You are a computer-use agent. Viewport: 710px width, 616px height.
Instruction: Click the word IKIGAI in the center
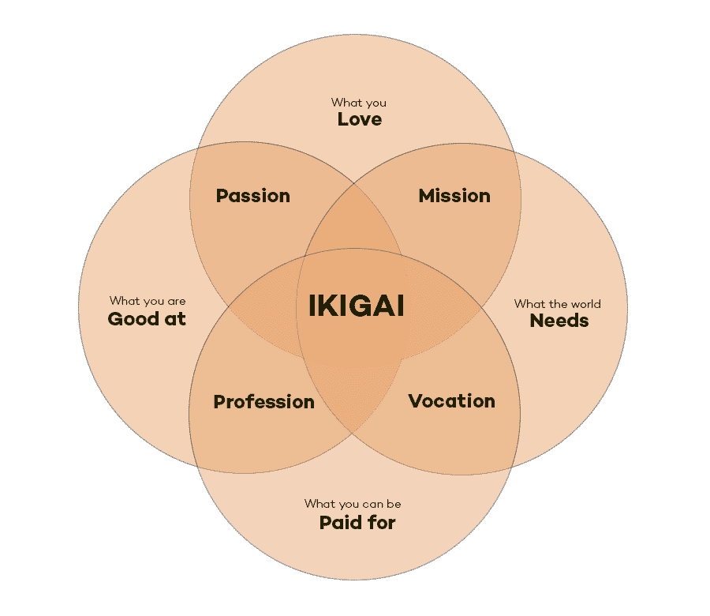pyautogui.click(x=357, y=306)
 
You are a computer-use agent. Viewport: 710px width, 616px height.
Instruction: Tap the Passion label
pyautogui.click(x=252, y=196)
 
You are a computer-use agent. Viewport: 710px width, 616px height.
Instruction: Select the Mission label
pyautogui.click(x=454, y=196)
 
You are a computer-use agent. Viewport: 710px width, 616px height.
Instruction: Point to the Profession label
pyautogui.click(x=264, y=402)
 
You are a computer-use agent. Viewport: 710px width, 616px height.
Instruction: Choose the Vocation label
pyautogui.click(x=451, y=401)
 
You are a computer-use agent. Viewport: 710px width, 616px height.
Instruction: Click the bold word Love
pyautogui.click(x=360, y=119)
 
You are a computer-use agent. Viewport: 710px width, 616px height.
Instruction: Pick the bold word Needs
pyautogui.click(x=559, y=321)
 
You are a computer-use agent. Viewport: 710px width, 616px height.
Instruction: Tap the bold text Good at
pyautogui.click(x=147, y=318)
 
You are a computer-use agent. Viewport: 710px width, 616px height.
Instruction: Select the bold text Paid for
pyautogui.click(x=357, y=523)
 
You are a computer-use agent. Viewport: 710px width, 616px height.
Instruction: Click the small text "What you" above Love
pyautogui.click(x=359, y=103)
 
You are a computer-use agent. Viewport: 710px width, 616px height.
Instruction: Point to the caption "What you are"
pyautogui.click(x=148, y=301)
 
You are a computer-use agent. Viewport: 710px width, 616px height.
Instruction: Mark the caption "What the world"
pyautogui.click(x=558, y=304)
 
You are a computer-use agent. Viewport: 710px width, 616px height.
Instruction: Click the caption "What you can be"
pyautogui.click(x=353, y=504)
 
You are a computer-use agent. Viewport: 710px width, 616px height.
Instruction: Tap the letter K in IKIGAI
pyautogui.click(x=328, y=306)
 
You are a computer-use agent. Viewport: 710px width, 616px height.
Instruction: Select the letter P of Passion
pyautogui.click(x=222, y=196)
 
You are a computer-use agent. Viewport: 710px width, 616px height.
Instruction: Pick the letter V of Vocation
pyautogui.click(x=415, y=401)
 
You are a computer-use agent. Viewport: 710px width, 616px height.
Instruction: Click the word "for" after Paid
pyautogui.click(x=382, y=523)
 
